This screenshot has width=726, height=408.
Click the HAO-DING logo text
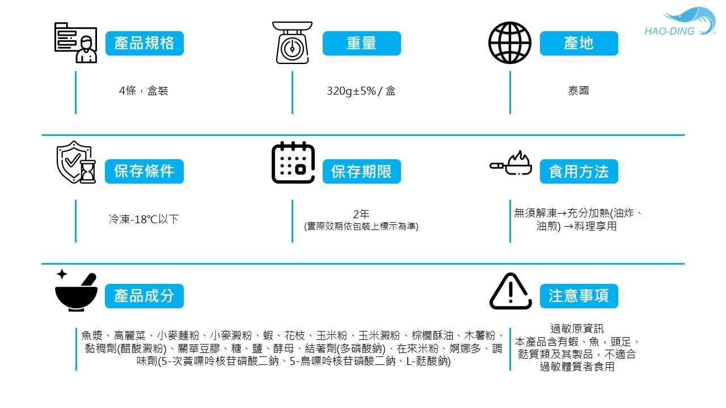pos(669,31)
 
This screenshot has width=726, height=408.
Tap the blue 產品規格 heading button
pos(145,43)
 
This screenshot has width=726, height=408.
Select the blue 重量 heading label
pos(362,43)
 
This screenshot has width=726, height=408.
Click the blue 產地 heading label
pos(579,43)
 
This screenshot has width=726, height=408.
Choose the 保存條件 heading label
pos(145,171)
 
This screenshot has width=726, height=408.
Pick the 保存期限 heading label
pos(362,171)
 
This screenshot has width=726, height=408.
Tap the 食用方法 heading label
pos(579,171)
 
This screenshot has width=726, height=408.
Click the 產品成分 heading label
pos(145,296)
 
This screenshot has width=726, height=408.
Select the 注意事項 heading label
pos(579,296)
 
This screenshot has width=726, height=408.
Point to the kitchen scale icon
pos(292,42)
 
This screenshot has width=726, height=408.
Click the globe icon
pos(509,42)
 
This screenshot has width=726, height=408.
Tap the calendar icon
pos(293,163)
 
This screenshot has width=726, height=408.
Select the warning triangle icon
pos(510,291)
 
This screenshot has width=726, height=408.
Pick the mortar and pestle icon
pos(76,291)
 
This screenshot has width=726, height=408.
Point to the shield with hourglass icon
pos(76,163)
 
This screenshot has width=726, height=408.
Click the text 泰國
pos(579,91)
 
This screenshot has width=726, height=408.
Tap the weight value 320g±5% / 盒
pos(361,91)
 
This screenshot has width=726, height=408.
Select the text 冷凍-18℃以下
pos(144,219)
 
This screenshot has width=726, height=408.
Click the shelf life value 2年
pos(361,214)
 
